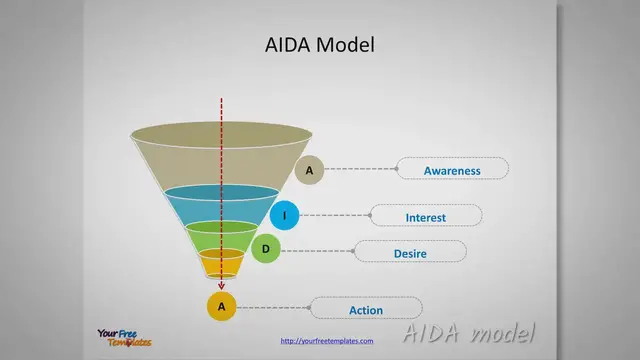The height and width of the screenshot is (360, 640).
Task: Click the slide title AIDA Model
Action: pyautogui.click(x=320, y=45)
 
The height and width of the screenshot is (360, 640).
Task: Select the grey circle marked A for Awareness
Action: pyautogui.click(x=309, y=170)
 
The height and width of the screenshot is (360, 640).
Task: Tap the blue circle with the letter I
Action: pyautogui.click(x=284, y=216)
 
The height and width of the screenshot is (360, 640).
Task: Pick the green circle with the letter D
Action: pyautogui.click(x=265, y=249)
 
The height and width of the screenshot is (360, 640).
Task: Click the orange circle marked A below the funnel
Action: pyautogui.click(x=221, y=306)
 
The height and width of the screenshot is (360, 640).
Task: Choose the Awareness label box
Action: pyautogui.click(x=452, y=170)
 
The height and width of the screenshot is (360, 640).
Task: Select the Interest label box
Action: pyautogui.click(x=426, y=217)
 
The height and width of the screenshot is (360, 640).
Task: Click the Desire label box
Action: pyautogui.click(x=409, y=253)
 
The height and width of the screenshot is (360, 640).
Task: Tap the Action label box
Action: pyautogui.click(x=366, y=309)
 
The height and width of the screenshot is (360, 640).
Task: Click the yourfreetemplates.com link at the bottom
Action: pyautogui.click(x=327, y=341)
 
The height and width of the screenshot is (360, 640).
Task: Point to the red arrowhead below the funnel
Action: pyautogui.click(x=221, y=286)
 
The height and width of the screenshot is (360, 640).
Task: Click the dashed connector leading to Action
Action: pyautogui.click(x=273, y=307)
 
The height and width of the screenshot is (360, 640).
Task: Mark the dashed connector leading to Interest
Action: pyautogui.click(x=335, y=216)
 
